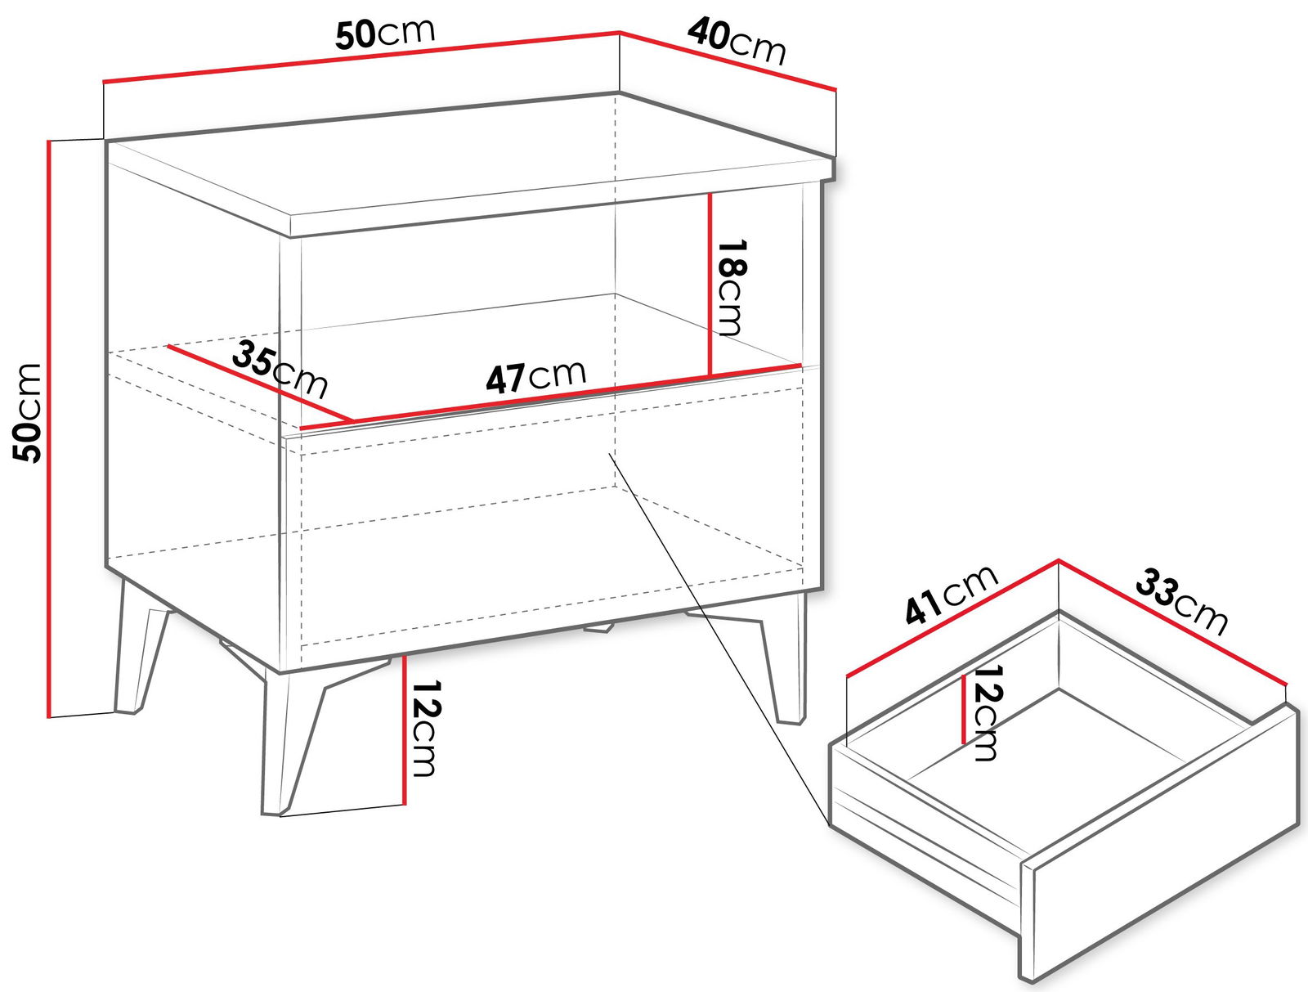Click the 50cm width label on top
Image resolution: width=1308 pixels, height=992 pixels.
click(x=385, y=34)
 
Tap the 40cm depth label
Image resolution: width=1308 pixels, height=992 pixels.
click(x=737, y=42)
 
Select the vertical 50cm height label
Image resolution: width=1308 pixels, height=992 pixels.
click(x=28, y=412)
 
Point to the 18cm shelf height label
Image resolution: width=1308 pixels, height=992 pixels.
click(x=731, y=287)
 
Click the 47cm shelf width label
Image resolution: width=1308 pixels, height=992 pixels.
click(x=536, y=377)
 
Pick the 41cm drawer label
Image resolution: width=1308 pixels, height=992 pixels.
click(x=951, y=594)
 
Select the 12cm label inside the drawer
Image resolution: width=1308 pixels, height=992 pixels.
click(x=986, y=712)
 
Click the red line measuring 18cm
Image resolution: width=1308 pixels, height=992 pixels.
click(x=710, y=285)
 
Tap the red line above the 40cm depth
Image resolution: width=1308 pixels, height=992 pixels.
click(x=728, y=61)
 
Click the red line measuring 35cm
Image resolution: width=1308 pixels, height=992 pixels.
click(x=261, y=383)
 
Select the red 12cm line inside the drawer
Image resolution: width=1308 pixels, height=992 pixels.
click(x=963, y=709)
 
